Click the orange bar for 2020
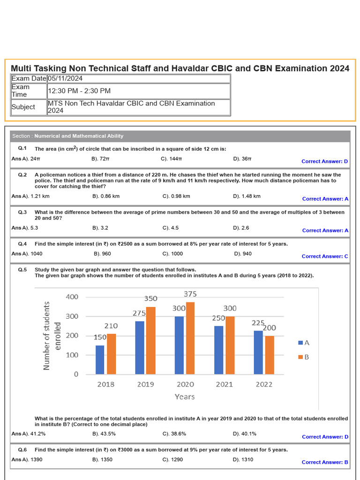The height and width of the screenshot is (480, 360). (190, 338)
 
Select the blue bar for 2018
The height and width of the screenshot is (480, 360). (100, 360)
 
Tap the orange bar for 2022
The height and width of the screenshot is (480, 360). (269, 355)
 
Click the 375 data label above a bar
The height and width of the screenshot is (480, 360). (190, 294)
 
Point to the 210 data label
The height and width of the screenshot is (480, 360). (111, 326)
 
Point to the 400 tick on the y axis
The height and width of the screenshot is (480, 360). (72, 297)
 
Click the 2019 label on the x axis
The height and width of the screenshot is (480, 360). (145, 384)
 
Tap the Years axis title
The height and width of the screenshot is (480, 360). (184, 397)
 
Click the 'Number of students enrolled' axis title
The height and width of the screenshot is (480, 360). (52, 336)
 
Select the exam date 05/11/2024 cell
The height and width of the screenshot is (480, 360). (138, 78)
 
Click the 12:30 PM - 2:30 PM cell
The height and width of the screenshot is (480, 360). (138, 91)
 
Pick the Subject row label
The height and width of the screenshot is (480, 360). (23, 107)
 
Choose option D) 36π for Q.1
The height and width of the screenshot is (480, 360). (242, 159)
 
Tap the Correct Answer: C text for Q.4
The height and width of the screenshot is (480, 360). (325, 256)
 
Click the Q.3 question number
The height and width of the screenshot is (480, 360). (22, 212)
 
